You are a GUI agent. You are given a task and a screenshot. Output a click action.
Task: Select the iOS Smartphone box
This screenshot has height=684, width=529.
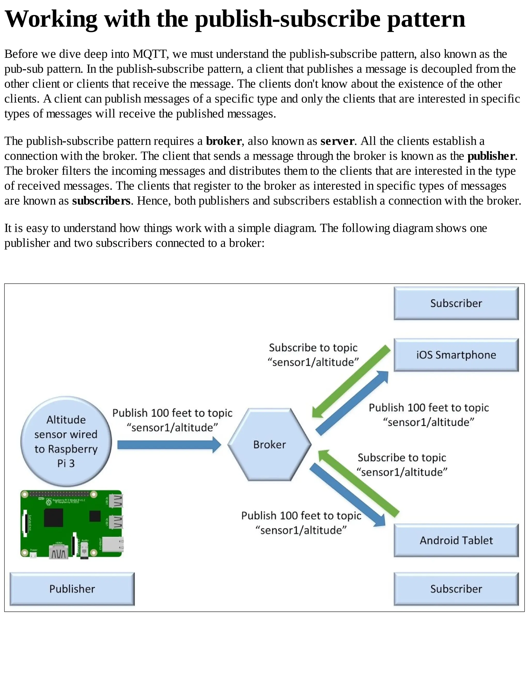[x=456, y=355]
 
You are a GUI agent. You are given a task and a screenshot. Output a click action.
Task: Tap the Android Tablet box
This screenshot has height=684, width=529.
[x=456, y=540]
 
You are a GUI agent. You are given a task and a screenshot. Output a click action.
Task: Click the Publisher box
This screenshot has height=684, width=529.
[x=72, y=589]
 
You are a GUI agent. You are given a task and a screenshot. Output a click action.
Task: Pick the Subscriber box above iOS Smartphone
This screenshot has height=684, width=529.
[x=456, y=303]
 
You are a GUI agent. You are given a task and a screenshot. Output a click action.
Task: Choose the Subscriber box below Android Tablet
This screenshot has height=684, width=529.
[x=456, y=589]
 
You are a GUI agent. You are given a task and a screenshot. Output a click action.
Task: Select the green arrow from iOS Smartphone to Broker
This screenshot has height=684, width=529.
[x=351, y=382]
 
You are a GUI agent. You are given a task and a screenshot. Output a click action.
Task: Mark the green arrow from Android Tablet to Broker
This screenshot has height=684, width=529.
[x=359, y=482]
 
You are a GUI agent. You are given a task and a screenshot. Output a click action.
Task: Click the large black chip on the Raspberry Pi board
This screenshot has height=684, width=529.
[x=53, y=517]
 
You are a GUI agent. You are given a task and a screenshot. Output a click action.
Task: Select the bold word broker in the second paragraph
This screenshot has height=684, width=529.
[x=223, y=141]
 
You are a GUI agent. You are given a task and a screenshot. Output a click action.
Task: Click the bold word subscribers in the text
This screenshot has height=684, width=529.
[x=101, y=201]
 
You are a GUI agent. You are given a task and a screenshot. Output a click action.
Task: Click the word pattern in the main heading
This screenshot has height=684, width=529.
[x=426, y=19]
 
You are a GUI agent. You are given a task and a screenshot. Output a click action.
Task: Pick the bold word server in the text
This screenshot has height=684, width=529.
[x=337, y=141]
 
